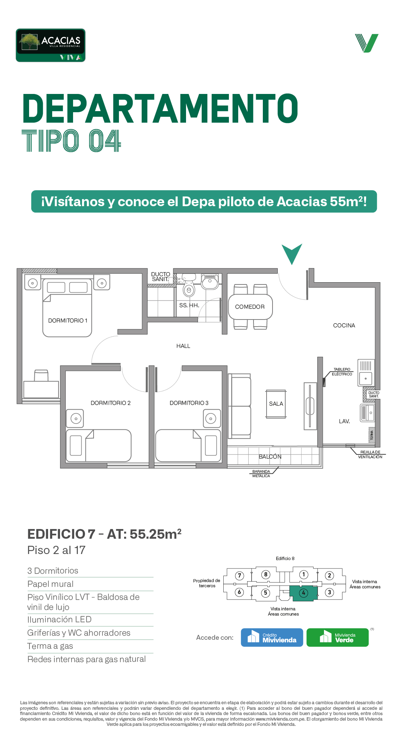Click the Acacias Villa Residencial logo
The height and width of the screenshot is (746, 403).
(51, 45)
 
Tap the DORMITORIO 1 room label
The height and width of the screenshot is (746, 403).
(67, 321)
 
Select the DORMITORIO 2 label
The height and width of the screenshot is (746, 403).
(111, 403)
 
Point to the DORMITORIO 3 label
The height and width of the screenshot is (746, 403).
(189, 403)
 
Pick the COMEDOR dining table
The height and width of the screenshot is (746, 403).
(250, 307)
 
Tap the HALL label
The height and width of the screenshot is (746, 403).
(183, 346)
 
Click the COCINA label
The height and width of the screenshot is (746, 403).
(344, 325)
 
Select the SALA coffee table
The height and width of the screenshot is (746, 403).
(276, 404)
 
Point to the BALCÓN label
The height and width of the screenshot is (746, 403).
(270, 457)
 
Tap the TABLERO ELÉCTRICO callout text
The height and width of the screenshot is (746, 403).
(342, 372)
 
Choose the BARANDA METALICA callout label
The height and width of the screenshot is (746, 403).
(261, 474)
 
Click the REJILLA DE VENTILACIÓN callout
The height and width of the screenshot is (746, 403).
(370, 454)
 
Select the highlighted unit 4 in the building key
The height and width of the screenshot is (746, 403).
(303, 593)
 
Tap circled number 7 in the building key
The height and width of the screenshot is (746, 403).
(240, 576)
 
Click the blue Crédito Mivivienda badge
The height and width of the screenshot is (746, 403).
(272, 638)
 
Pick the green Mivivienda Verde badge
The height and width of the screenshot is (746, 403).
(337, 638)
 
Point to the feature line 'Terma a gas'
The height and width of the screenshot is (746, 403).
(50, 646)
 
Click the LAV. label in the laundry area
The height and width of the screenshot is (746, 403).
(344, 421)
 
